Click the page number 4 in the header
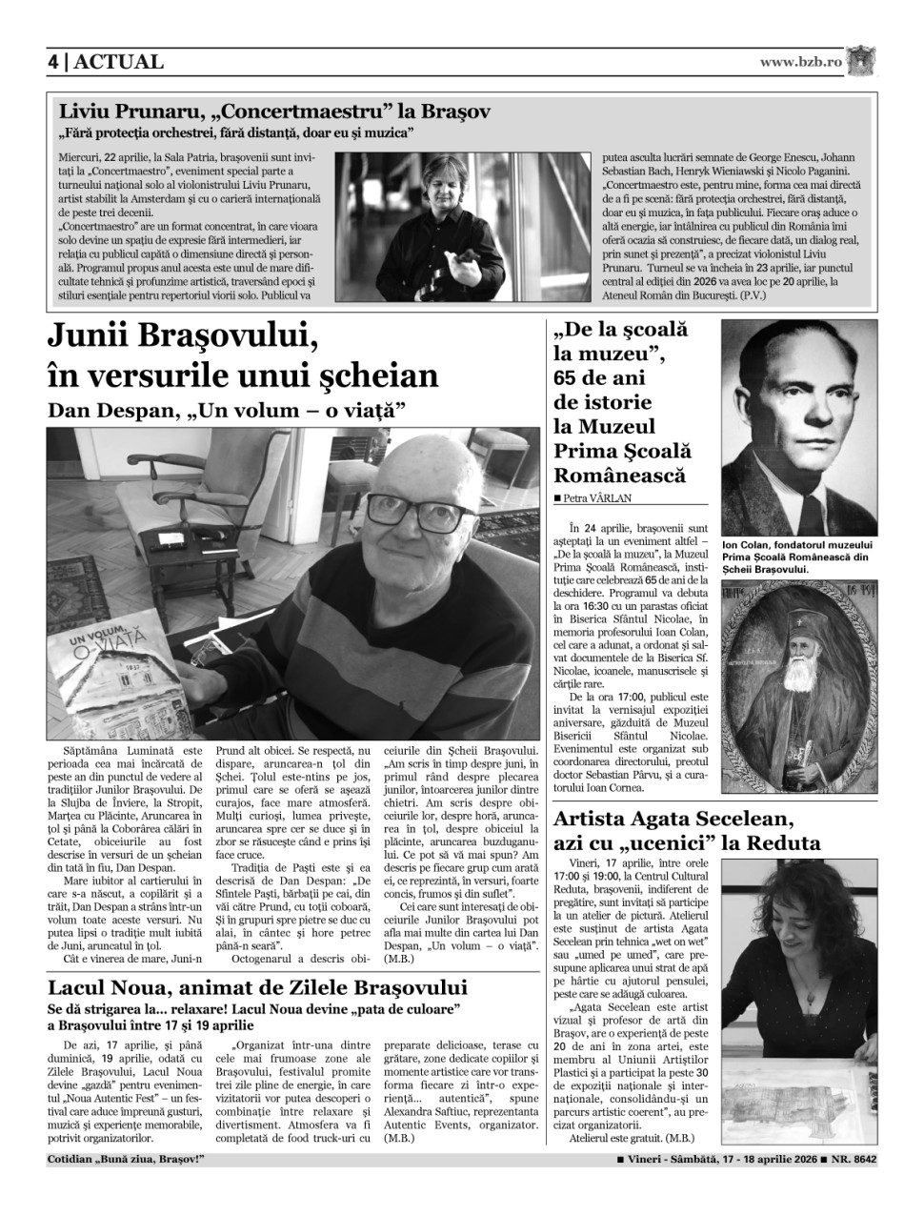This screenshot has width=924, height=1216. click(53, 62)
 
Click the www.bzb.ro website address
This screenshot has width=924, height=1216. click(801, 62)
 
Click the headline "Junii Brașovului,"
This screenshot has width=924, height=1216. click(182, 338)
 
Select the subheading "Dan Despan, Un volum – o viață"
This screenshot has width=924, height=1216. click(227, 411)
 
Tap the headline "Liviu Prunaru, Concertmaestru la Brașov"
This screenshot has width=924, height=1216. click(274, 111)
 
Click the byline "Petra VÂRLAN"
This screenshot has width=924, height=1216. click(595, 497)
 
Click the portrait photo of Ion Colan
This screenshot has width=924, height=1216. click(798, 425)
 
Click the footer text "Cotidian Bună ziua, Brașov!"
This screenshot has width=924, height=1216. click(125, 1160)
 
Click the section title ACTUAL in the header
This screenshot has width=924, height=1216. click(118, 62)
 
